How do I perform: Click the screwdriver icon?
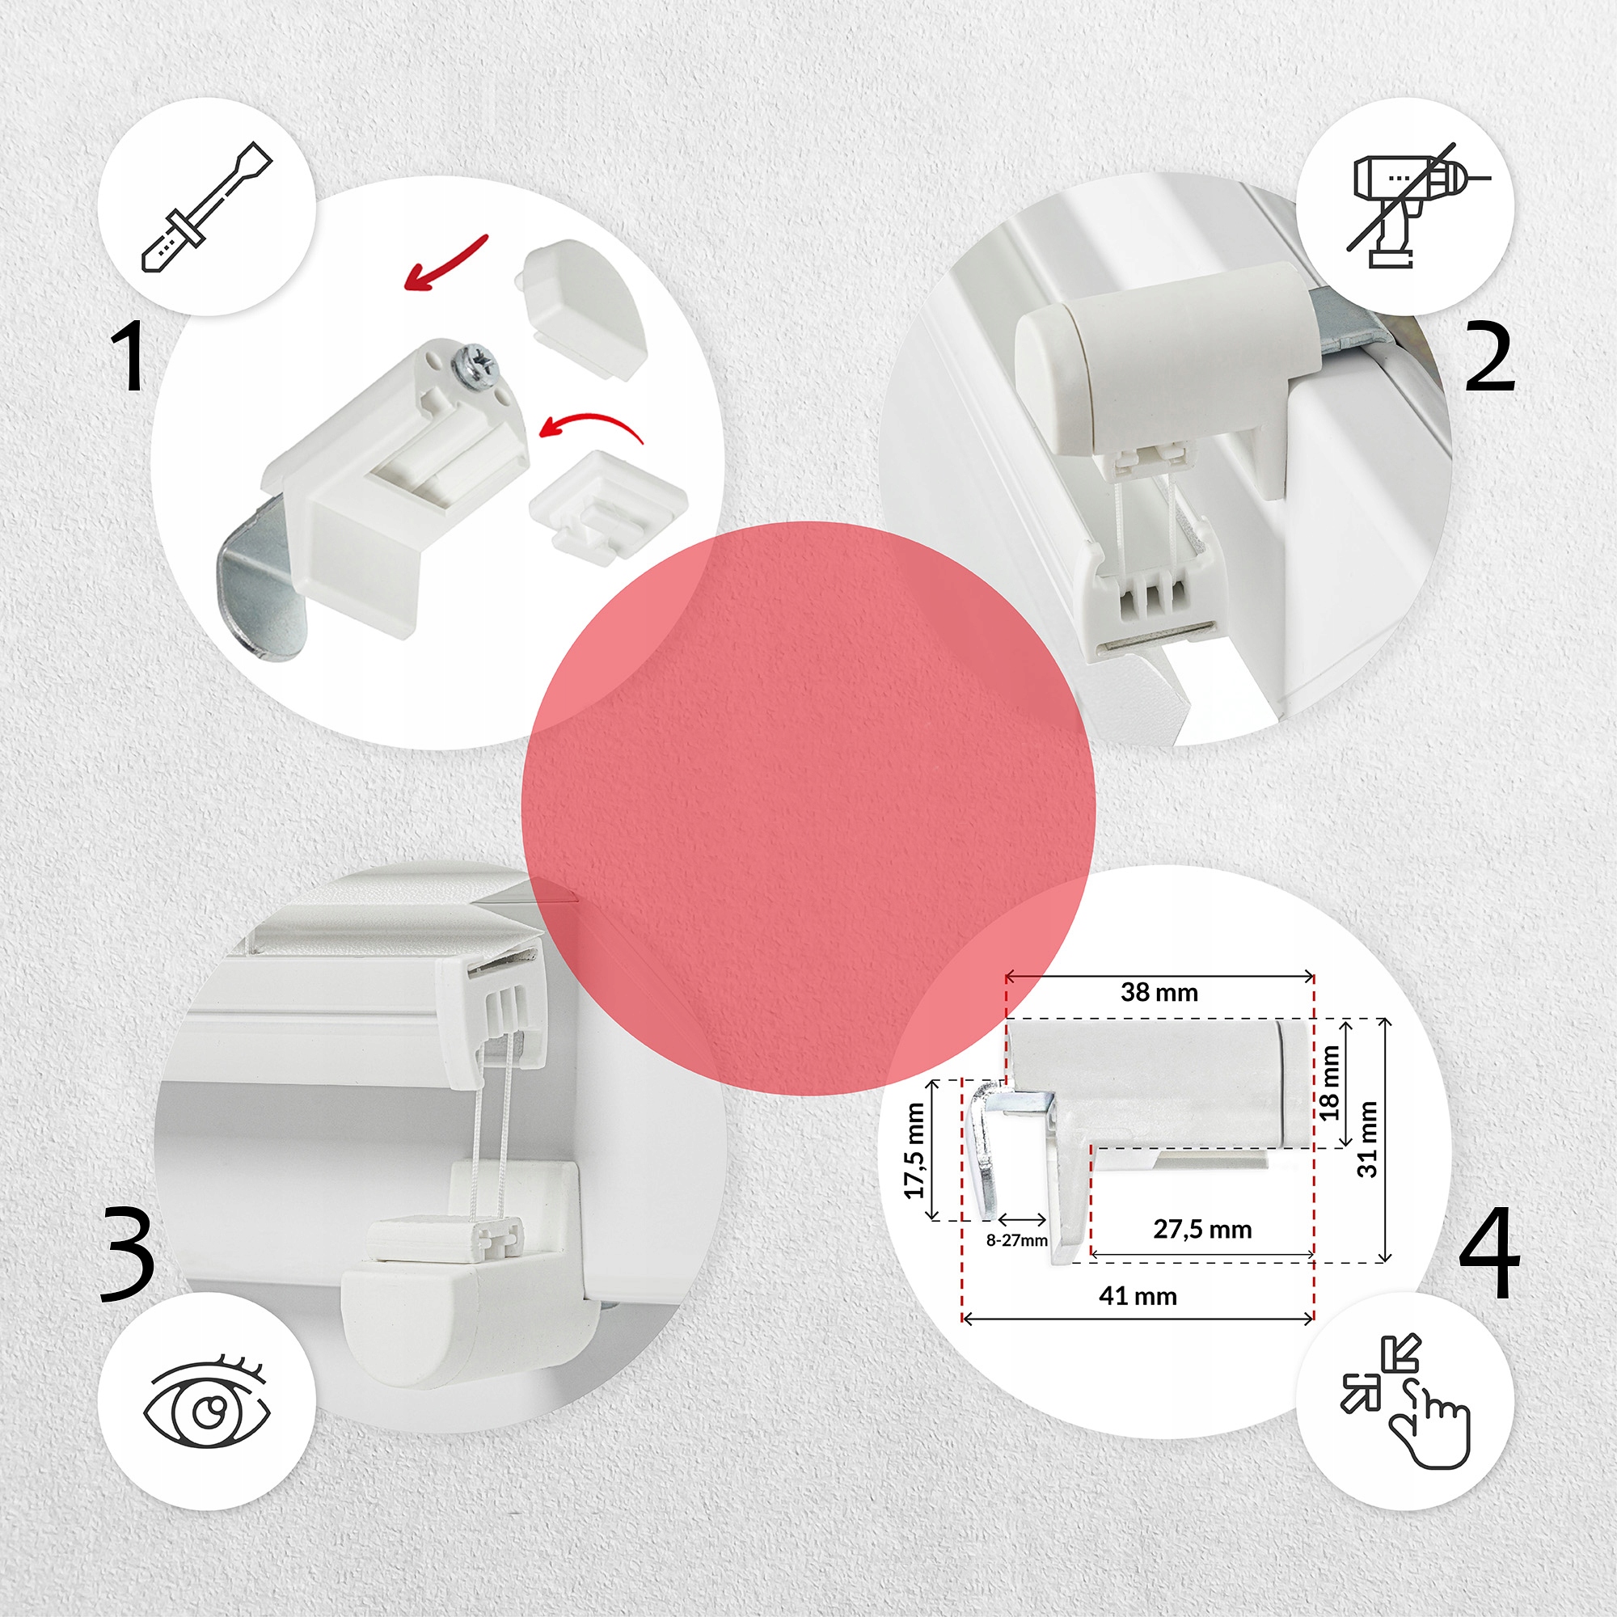tap(207, 207)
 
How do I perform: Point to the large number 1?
tap(129, 357)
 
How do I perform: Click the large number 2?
tap(1491, 358)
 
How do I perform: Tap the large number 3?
tap(127, 1255)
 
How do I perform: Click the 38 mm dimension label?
tap(1159, 993)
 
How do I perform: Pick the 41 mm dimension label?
tap(1138, 1297)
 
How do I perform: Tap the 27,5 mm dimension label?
tap(1203, 1230)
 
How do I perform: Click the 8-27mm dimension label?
tap(1017, 1240)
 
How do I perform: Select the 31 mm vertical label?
tap(1366, 1140)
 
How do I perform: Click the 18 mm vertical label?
tap(1330, 1083)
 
